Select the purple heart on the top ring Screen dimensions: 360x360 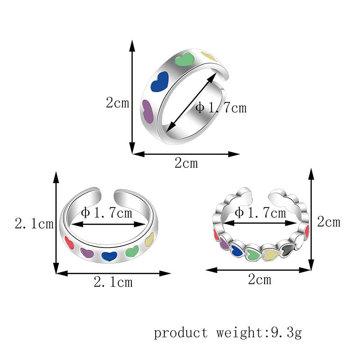point(148,111)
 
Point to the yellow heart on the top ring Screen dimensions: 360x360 point(209,56)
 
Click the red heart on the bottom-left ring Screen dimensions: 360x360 point(70,242)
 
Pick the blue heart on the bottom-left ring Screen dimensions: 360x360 point(108,256)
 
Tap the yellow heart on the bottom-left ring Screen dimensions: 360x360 point(149,239)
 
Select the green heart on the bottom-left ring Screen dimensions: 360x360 point(132,252)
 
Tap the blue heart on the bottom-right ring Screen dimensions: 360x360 point(237,250)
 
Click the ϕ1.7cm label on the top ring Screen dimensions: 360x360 point(221,108)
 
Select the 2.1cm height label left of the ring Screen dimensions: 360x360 point(34,223)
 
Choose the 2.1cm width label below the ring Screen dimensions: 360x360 point(113,282)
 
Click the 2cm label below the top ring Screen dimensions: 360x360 point(186,163)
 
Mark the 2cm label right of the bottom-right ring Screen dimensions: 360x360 point(328,221)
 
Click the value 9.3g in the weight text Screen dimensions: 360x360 point(286,333)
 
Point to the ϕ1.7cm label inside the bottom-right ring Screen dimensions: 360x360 point(260,212)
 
